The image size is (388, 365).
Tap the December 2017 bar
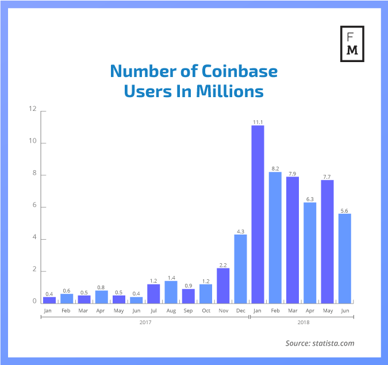tap(240, 268)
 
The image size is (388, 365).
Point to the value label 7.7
tap(327, 176)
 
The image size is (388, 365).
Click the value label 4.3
tap(240, 230)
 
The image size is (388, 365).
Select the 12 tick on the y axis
tap(33, 109)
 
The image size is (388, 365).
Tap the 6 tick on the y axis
tap(33, 206)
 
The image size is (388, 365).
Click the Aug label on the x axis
tap(171, 310)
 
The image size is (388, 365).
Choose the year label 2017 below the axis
tap(145, 322)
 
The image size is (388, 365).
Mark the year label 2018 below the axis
tap(303, 322)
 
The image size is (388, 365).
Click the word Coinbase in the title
tap(240, 71)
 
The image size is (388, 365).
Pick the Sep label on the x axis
tap(188, 310)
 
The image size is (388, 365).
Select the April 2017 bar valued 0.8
tap(102, 297)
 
